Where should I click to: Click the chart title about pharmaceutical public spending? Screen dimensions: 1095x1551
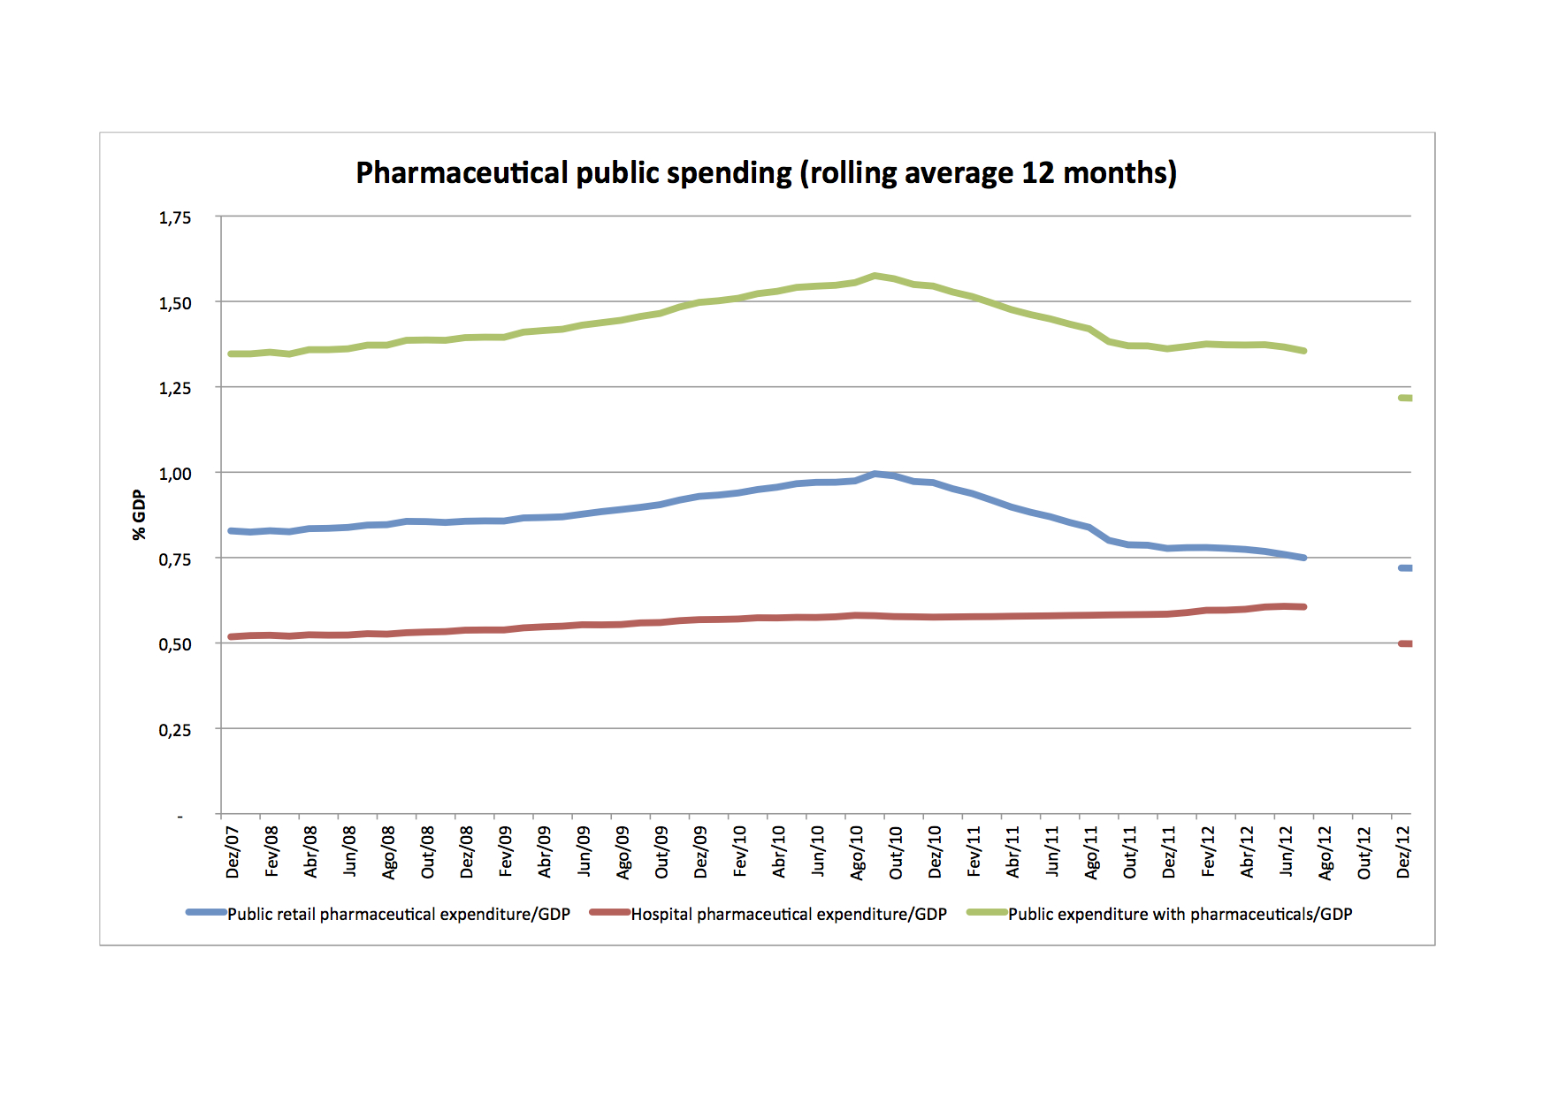[766, 172]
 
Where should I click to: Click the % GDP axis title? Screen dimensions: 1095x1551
[139, 514]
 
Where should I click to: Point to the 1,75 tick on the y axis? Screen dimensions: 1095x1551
[175, 217]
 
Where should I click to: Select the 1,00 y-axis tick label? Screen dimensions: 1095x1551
[175, 474]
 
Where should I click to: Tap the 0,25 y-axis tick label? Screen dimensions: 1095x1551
[175, 730]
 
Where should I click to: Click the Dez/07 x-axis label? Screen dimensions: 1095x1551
[233, 852]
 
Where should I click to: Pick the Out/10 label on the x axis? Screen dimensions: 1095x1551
[896, 852]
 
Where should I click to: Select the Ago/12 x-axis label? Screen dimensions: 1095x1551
[1325, 852]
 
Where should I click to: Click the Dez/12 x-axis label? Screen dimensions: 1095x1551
[1402, 852]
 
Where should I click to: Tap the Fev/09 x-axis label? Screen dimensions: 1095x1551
[506, 852]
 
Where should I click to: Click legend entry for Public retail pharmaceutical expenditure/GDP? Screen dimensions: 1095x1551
[398, 914]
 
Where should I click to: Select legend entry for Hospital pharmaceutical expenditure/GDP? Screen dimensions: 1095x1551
[788, 914]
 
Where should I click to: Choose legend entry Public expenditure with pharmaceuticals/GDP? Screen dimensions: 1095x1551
[1180, 914]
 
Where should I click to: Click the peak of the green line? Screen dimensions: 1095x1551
[875, 276]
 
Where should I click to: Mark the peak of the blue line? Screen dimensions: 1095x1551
[875, 474]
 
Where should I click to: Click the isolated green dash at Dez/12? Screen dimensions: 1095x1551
[1405, 398]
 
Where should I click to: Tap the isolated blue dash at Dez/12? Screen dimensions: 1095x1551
[1405, 567]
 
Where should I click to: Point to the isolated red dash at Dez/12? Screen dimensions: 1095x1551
[1405, 643]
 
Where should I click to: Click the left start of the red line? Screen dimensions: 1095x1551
[231, 636]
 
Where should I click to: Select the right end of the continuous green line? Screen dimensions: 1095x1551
[1304, 351]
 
